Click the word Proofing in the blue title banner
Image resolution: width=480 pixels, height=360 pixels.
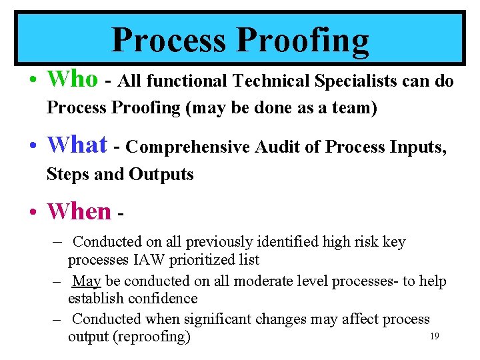(x=303, y=40)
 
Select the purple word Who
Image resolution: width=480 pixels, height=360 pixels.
(x=72, y=79)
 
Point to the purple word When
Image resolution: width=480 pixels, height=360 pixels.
(x=79, y=211)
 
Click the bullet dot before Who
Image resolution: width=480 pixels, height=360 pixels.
(x=33, y=81)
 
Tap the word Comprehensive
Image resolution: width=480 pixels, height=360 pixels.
(x=187, y=147)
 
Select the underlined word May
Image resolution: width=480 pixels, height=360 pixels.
(x=86, y=281)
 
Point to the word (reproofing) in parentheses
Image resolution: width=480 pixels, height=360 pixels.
(x=152, y=337)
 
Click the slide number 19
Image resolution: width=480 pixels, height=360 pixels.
(x=434, y=337)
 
